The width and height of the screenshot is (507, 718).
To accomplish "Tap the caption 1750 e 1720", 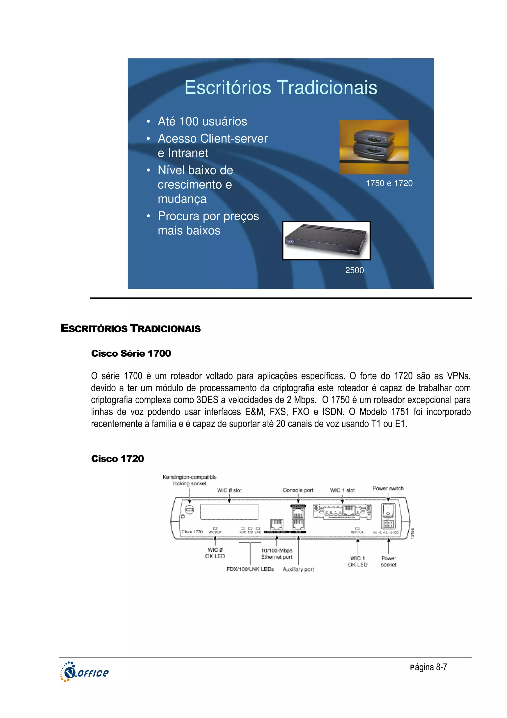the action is (x=389, y=183).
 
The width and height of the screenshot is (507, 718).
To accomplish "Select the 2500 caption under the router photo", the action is (x=354, y=270).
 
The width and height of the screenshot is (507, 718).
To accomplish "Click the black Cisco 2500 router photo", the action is (x=326, y=240).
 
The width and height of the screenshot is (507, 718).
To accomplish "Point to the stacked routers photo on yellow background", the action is (x=374, y=147).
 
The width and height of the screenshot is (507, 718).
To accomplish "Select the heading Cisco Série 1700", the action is (x=131, y=353).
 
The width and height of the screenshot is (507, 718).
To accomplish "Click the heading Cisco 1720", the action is (x=117, y=459).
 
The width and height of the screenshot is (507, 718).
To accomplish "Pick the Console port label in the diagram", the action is (x=298, y=490).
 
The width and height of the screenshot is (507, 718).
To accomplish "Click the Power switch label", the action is (x=388, y=488).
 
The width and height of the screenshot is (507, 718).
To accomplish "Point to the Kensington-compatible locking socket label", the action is (x=190, y=480).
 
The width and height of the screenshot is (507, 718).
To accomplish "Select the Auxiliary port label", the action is (x=298, y=570).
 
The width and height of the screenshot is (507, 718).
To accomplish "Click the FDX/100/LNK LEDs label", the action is (x=250, y=569).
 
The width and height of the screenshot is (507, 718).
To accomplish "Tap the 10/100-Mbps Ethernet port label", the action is (x=277, y=554).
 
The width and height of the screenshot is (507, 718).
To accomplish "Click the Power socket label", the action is (x=389, y=561).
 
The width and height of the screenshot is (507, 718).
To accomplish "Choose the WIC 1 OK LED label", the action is (x=358, y=561).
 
